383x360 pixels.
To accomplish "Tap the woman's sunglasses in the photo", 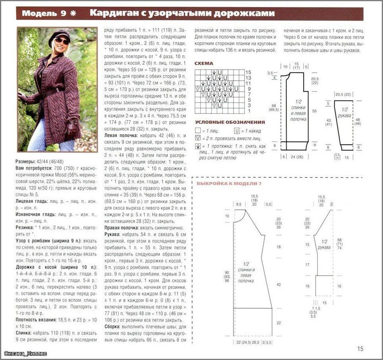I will pyautogui.click(x=61, y=41).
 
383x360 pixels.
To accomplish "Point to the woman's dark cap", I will pyautogui.click(x=59, y=35).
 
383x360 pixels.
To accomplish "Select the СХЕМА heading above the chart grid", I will pyautogui.click(x=204, y=63).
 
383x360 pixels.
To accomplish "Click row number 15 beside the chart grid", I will pyautogui.click(x=248, y=73).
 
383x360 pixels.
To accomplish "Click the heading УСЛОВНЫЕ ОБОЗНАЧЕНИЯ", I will pyautogui.click(x=229, y=122).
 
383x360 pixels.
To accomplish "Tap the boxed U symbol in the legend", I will pyautogui.click(x=237, y=130).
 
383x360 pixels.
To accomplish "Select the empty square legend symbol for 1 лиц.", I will pyautogui.click(x=197, y=130).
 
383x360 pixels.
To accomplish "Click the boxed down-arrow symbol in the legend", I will pyautogui.click(x=197, y=146).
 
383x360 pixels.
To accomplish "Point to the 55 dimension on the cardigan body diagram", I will pyautogui.click(x=314, y=111).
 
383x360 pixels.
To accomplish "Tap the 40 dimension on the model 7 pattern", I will pyautogui.click(x=278, y=285).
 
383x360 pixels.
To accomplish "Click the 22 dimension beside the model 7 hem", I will pyautogui.click(x=278, y=323).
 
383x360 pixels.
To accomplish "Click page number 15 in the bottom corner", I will pyautogui.click(x=360, y=349).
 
